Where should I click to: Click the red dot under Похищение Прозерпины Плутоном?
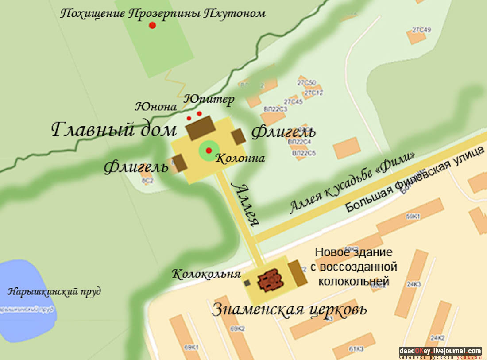152,25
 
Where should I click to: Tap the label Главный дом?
114,130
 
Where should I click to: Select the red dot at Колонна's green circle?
209,151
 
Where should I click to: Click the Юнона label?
156,107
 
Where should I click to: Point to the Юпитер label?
209,99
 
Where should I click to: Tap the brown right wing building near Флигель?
239,137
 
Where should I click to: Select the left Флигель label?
136,167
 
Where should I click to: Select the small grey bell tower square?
247,283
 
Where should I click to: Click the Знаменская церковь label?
289,309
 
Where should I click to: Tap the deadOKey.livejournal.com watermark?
440,351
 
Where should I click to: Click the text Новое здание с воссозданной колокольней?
356,267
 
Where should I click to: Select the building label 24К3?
414,284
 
